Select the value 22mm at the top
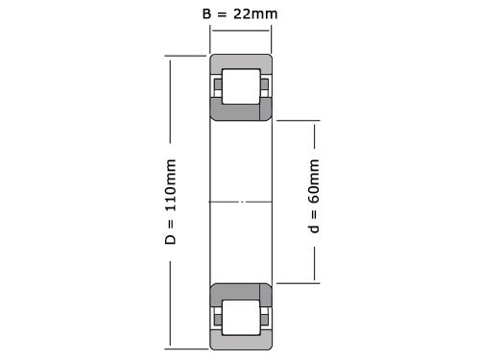click(254, 15)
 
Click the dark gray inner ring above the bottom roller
click(241, 291)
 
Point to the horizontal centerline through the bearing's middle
click(241, 202)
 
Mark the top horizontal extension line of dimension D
click(187, 55)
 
